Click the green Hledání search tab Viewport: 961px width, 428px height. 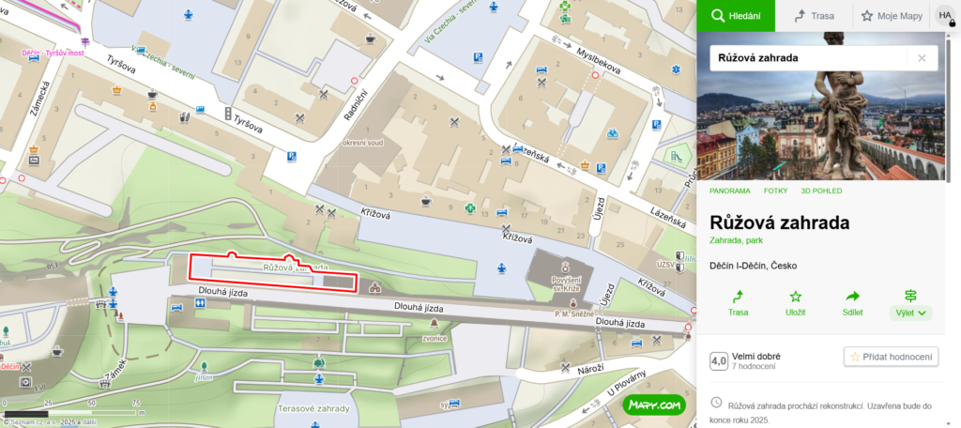[x=736, y=16]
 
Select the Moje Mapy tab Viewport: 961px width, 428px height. [x=892, y=16]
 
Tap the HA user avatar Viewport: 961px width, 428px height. [x=945, y=16]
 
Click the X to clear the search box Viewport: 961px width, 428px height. [x=922, y=58]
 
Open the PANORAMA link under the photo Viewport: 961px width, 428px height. [x=729, y=191]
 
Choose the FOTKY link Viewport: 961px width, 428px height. [x=775, y=191]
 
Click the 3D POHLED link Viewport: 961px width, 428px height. [x=821, y=191]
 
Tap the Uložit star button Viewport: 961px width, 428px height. [x=795, y=302]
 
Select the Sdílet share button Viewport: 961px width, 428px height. [x=852, y=302]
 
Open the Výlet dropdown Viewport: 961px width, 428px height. [x=909, y=302]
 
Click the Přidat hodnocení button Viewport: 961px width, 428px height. [x=891, y=357]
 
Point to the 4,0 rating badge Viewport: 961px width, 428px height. [x=719, y=360]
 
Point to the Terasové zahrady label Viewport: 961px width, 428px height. [x=313, y=409]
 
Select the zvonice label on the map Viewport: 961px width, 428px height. [x=434, y=339]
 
